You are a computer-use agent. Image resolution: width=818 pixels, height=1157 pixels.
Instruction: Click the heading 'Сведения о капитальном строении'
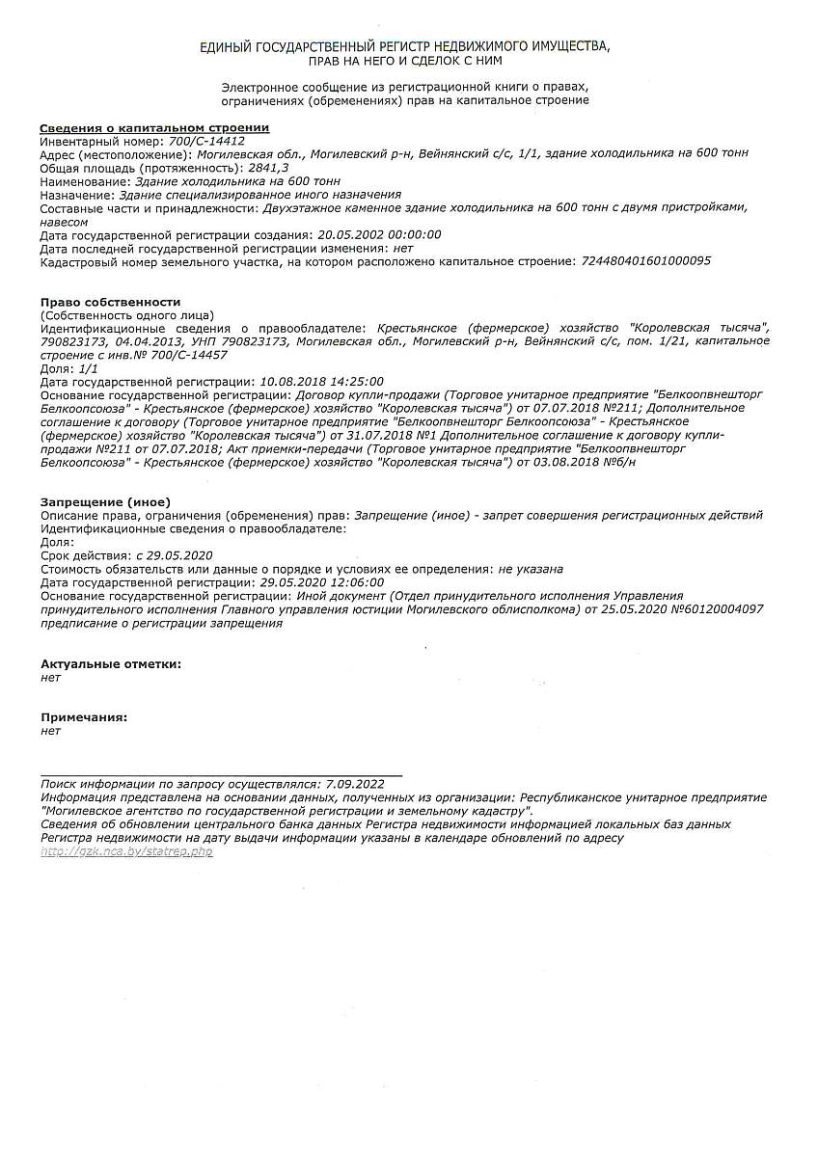point(154,128)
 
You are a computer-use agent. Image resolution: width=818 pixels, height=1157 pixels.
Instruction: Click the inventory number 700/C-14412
point(206,141)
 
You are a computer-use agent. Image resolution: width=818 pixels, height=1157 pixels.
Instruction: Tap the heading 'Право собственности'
point(110,303)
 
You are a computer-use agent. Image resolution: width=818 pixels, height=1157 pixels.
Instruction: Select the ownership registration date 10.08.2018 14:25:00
point(322,382)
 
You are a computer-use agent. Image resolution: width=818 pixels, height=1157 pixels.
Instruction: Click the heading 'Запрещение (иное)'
point(105,502)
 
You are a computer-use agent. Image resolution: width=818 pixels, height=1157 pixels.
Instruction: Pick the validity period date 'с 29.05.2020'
point(174,556)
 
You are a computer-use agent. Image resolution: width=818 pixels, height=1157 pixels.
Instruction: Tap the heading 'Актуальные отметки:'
point(110,663)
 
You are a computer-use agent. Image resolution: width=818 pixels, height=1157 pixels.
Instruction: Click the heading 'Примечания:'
point(84,717)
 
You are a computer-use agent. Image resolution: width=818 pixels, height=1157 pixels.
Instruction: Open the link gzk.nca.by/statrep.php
point(126,852)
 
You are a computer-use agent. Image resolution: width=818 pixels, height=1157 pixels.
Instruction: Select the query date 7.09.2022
point(355,784)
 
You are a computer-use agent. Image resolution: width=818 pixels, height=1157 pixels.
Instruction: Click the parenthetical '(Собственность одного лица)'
point(126,315)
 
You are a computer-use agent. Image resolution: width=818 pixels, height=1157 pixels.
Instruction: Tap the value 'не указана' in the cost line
point(531,570)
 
